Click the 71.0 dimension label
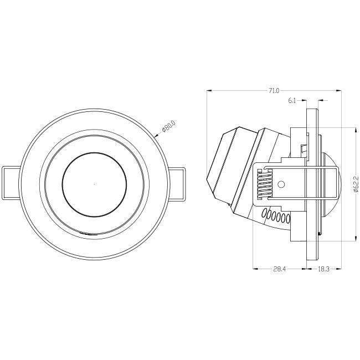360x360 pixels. click(274, 91)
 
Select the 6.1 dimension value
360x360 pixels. click(291, 100)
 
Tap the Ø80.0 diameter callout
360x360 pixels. click(169, 126)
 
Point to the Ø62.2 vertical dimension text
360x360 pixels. click(356, 184)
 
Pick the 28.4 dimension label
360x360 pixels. click(279, 269)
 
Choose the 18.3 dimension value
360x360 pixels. click(323, 269)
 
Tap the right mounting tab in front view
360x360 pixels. click(177, 184)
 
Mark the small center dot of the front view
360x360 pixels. click(94, 184)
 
